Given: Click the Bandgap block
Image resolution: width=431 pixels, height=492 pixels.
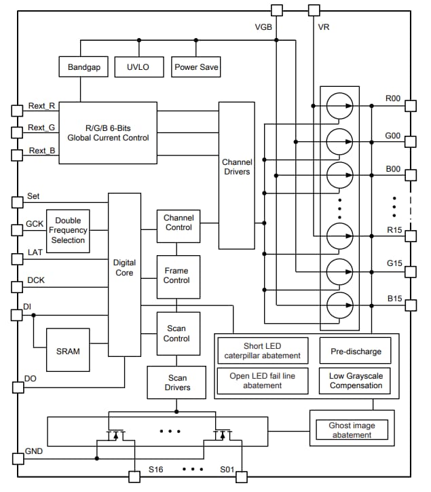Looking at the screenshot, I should coord(83,67).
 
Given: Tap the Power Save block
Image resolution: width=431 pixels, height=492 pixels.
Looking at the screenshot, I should coord(196,67).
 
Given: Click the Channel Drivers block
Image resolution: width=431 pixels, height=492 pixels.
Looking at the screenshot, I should coord(236,175).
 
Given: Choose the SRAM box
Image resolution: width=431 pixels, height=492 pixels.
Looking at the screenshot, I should coord(68,351).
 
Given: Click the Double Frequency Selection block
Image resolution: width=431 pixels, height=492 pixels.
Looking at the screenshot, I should coord(68,231).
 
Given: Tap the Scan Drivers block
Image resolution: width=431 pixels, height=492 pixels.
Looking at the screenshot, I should coord(176,383).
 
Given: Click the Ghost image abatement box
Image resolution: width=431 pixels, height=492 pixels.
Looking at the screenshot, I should coord(352,430).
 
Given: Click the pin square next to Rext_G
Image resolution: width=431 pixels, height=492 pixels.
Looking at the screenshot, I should coord(18,130).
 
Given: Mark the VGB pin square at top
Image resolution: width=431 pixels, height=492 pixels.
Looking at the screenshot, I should coord(276,10).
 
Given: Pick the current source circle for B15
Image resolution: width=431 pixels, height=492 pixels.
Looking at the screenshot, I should coord(339,305).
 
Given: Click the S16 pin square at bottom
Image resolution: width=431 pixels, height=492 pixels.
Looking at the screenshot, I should coord(134,476).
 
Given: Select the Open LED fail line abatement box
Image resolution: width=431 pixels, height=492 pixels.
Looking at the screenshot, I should coord(262,381).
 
